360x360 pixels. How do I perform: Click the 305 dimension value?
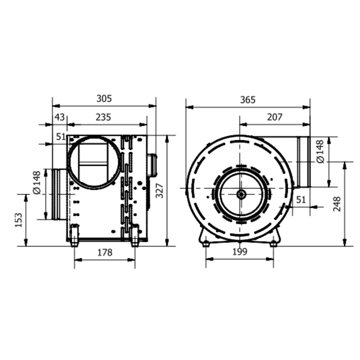(x=104, y=98)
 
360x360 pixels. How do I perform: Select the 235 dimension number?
(x=103, y=117)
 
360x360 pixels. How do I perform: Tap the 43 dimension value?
(x=59, y=117)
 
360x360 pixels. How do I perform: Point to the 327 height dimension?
(x=160, y=191)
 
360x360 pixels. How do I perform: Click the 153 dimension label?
(x=19, y=220)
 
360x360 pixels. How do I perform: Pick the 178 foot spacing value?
(x=105, y=252)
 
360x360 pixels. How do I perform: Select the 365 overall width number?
(x=248, y=100)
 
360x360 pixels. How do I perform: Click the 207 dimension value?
(x=275, y=117)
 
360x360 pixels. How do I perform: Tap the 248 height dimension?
(x=337, y=204)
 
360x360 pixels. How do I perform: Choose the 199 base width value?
(x=240, y=252)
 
